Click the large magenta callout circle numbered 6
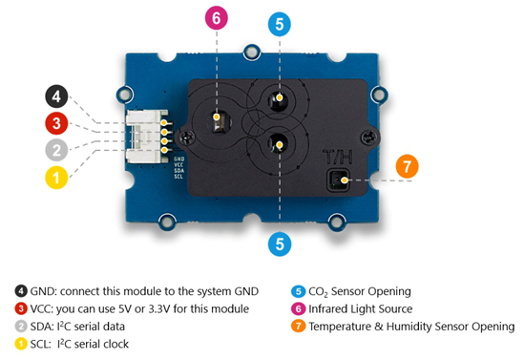[x=217, y=18]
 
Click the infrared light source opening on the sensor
[x=219, y=120]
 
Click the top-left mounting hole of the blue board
[x=124, y=95]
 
